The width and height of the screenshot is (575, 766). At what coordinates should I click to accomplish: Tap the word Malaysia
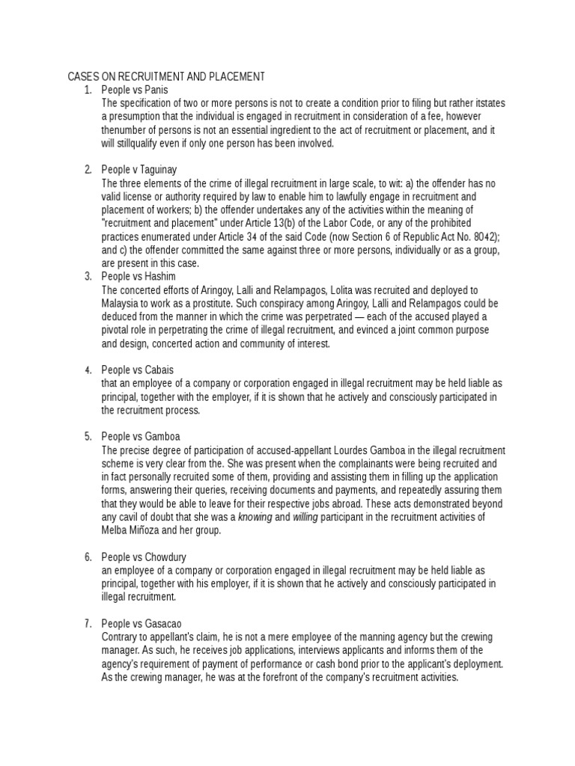point(124,303)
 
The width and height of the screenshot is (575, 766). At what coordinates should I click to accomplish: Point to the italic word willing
point(305,517)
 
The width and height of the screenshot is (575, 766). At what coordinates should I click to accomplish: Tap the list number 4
point(88,370)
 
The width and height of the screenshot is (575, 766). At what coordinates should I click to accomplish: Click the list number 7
point(88,624)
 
